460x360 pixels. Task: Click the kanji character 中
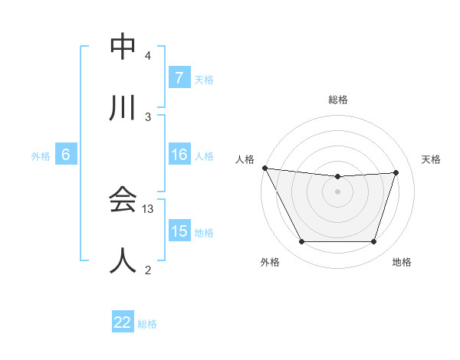click(123, 47)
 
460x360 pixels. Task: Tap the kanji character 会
click(123, 200)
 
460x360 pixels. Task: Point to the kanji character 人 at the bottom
click(123, 260)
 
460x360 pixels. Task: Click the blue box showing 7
click(179, 77)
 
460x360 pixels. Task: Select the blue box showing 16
click(179, 155)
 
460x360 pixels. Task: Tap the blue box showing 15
click(179, 231)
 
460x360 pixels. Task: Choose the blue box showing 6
click(66, 155)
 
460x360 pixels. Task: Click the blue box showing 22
click(122, 323)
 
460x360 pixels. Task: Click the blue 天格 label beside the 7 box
click(203, 79)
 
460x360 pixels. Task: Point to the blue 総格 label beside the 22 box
click(147, 324)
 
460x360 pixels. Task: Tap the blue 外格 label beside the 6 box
click(41, 155)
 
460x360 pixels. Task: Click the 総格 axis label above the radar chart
click(338, 100)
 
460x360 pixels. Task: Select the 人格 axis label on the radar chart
click(245, 159)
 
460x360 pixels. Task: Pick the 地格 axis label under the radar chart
click(402, 262)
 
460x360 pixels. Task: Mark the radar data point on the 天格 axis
click(396, 172)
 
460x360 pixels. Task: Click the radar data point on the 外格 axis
click(301, 242)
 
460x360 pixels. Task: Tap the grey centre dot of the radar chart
click(338, 191)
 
